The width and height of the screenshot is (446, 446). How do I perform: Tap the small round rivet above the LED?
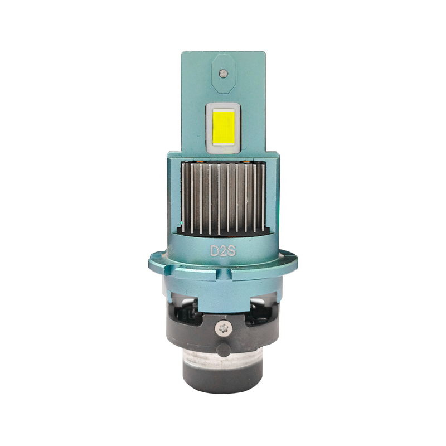click(x=224, y=74)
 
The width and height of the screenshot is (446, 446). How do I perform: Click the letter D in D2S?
click(x=214, y=251)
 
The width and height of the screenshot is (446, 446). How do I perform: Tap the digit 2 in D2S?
click(x=223, y=251)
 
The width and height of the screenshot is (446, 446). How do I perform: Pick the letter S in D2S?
click(x=231, y=251)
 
